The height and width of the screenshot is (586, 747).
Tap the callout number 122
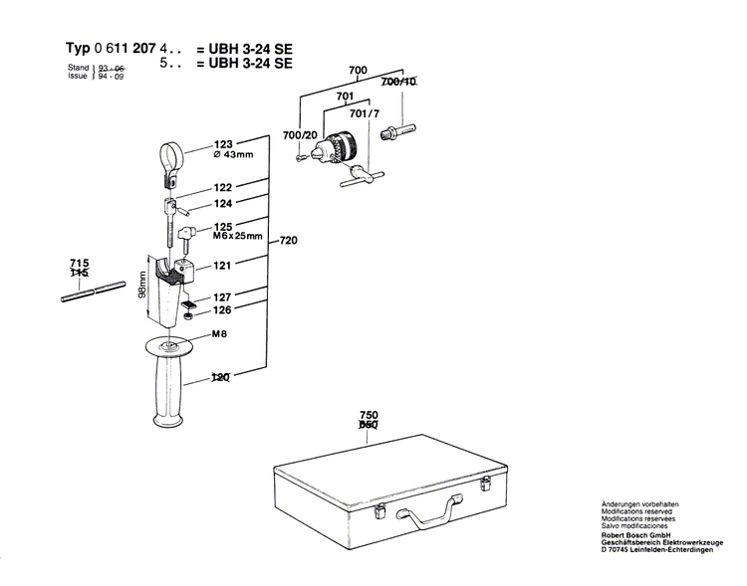click(222, 187)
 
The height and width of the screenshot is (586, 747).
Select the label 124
click(222, 204)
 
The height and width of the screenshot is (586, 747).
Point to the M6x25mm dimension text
click(237, 237)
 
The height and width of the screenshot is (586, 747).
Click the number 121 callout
click(222, 266)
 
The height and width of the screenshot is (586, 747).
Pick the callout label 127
click(222, 296)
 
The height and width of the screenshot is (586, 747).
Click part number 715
click(79, 262)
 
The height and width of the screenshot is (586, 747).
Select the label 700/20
click(300, 134)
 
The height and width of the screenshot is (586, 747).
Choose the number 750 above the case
click(370, 415)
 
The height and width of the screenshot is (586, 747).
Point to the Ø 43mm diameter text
click(235, 156)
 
